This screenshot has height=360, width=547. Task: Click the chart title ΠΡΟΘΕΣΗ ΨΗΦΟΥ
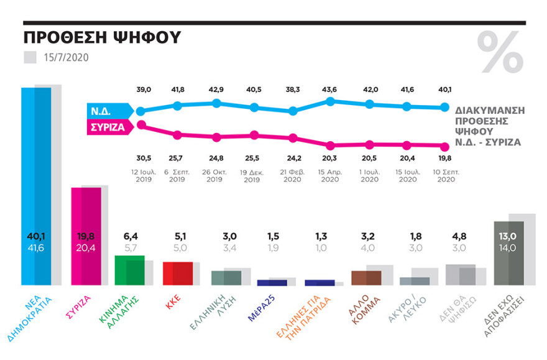(101, 37)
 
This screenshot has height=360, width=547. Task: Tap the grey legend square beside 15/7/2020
(30, 58)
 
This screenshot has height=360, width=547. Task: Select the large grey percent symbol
(500, 52)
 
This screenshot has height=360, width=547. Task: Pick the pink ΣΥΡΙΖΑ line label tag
(109, 128)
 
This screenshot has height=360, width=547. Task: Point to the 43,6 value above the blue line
(331, 90)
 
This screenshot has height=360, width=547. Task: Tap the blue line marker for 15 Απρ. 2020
(331, 101)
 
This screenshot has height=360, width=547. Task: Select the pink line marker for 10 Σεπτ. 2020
(444, 147)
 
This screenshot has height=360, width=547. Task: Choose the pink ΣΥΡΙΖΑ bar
(86, 236)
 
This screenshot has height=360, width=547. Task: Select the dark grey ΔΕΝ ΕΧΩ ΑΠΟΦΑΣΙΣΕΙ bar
(509, 253)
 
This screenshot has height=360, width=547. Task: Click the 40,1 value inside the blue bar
(35, 236)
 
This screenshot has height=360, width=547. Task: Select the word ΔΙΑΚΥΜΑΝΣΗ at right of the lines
(489, 106)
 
